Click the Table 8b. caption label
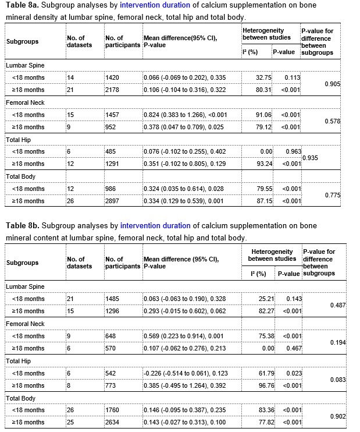tap(22, 225)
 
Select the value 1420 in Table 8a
tap(113, 78)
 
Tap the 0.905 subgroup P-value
tap(332, 84)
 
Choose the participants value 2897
tap(113, 201)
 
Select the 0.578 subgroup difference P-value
tap(332, 121)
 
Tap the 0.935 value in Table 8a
tap(310, 158)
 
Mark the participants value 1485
tap(113, 299)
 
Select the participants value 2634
tap(113, 422)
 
